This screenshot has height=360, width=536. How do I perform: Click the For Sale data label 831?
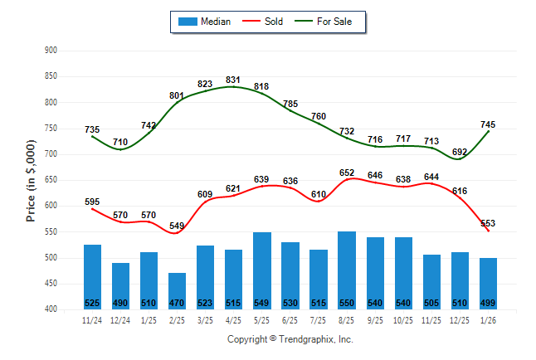point(233,80)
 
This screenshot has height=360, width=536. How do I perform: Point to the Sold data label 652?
point(346,173)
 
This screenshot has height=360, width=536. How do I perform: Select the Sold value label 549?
point(177,226)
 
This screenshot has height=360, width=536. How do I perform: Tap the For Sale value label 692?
point(460,152)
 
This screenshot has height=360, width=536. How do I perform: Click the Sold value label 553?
point(488,223)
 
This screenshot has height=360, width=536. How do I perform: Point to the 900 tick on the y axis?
point(51,51)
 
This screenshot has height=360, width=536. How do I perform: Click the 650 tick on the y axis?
point(51,180)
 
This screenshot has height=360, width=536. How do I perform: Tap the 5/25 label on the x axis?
point(261,319)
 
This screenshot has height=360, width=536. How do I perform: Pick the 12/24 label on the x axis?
point(120,319)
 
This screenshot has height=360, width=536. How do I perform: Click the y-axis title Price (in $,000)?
point(31,179)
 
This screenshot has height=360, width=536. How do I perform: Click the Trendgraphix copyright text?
point(290,339)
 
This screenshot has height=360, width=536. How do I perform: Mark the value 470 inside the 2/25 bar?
point(177,302)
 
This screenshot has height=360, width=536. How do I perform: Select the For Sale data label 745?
point(488,124)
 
